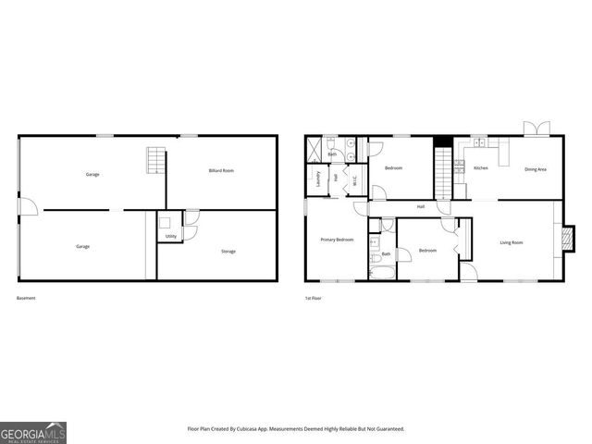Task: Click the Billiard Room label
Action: pyautogui.click(x=221, y=171)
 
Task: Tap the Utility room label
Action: pyautogui.click(x=171, y=237)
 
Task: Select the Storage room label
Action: pyautogui.click(x=228, y=252)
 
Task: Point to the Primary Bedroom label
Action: pyautogui.click(x=337, y=240)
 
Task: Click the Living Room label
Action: pyautogui.click(x=512, y=242)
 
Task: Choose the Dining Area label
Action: pyautogui.click(x=536, y=168)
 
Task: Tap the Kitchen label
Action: pyautogui.click(x=481, y=168)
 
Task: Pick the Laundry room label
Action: pyautogui.click(x=318, y=178)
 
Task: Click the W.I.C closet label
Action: pyautogui.click(x=354, y=180)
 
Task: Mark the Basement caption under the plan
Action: pyautogui.click(x=26, y=298)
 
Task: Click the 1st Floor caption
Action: pyautogui.click(x=314, y=298)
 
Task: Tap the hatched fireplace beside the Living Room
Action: pyautogui.click(x=565, y=239)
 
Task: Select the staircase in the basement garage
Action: pyautogui.click(x=154, y=162)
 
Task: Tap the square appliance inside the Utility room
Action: pyautogui.click(x=163, y=222)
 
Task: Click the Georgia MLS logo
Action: pyautogui.click(x=33, y=432)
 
